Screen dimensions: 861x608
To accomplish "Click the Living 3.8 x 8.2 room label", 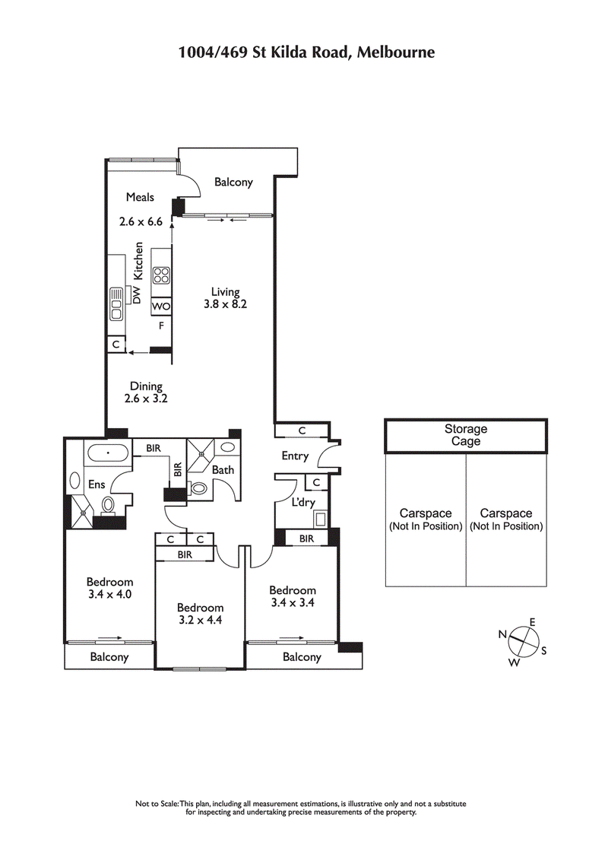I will tap(225, 297).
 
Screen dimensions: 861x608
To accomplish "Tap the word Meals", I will tap(140, 197).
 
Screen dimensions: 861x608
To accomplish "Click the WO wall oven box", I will tap(161, 307).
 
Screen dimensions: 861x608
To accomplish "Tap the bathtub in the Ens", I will tap(109, 453).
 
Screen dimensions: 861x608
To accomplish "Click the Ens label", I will tap(97, 484).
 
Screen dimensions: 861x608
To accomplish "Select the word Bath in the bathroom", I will tap(223, 470).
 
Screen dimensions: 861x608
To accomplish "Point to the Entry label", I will tap(295, 456).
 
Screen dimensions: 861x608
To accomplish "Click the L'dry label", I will tap(293, 503).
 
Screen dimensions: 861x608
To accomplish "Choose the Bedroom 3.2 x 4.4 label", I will tap(200, 613).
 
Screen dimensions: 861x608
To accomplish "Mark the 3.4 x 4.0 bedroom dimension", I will tap(109, 594).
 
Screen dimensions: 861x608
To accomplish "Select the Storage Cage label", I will tap(465, 435).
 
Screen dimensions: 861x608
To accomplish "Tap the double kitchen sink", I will tap(116, 303).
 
